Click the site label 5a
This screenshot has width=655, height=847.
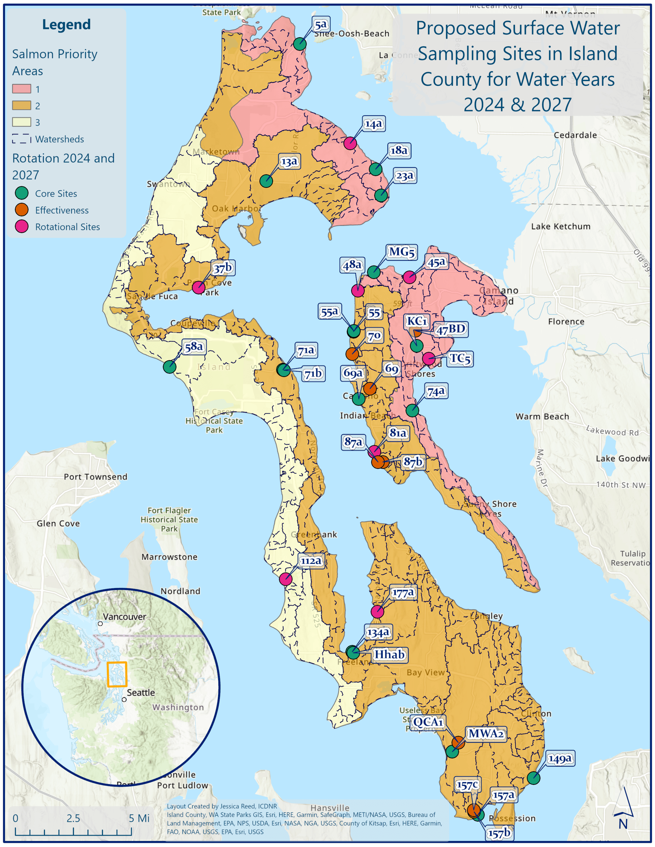321,25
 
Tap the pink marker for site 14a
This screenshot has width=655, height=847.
350,143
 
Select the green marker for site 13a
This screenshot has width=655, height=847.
266,181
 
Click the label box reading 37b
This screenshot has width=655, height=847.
223,267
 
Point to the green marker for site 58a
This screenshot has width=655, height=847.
170,366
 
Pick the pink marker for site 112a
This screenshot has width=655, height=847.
286,579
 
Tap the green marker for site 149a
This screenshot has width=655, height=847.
533,778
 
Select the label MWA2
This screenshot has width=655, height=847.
486,734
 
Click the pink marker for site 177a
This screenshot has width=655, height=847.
377,611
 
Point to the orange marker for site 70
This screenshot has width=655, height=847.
352,354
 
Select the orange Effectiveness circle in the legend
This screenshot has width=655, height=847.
22,210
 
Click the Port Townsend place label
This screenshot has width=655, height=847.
96,477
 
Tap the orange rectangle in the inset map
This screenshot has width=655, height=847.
117,674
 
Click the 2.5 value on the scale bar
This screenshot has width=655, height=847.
73,818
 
